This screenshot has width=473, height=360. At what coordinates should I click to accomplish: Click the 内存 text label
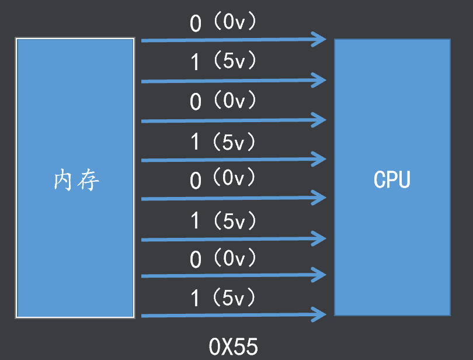(76, 181)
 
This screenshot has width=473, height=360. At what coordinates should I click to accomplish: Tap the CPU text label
(392, 179)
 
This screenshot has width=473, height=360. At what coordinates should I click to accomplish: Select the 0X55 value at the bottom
(233, 347)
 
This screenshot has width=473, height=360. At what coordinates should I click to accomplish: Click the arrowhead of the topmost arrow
(319, 39)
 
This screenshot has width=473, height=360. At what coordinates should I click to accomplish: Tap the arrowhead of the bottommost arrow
(319, 314)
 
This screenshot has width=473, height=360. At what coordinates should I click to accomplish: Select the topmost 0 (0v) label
(224, 23)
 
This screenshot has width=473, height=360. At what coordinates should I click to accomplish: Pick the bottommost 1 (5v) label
(224, 299)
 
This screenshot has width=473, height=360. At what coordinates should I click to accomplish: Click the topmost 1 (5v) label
(224, 61)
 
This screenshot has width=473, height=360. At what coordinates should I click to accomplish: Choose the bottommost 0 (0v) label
(224, 258)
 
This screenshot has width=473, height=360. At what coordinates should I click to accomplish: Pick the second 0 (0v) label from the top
(224, 101)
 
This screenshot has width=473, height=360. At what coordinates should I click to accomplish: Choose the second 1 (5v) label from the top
(224, 141)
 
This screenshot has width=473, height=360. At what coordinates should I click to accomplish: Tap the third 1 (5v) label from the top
(224, 220)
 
